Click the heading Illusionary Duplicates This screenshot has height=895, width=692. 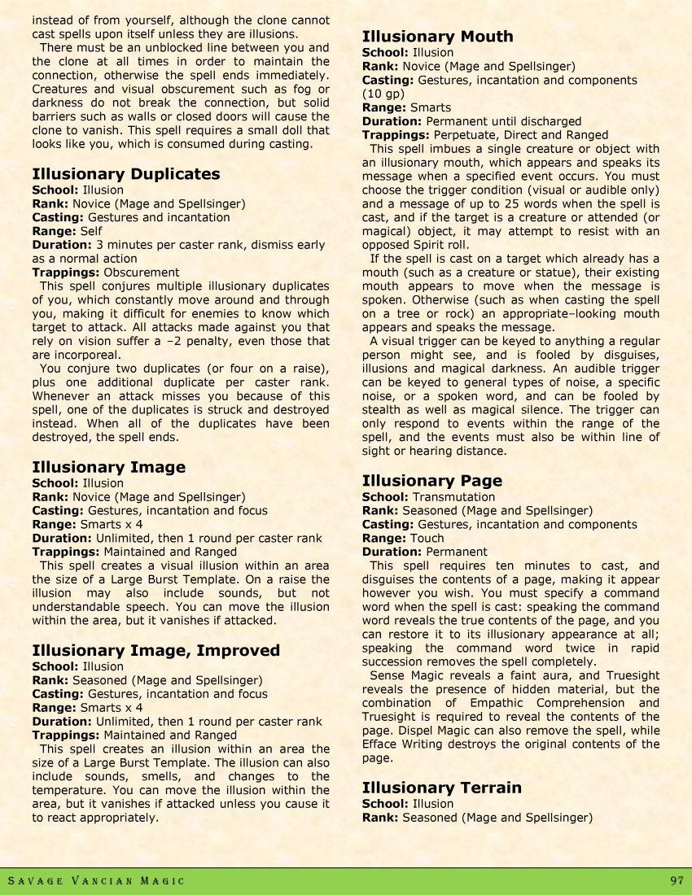coord(125,174)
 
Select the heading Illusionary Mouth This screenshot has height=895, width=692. coord(437,37)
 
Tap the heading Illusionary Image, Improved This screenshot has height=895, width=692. coord(155,650)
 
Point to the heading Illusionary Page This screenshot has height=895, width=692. coord(431,481)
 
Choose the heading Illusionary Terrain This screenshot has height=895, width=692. coord(441,788)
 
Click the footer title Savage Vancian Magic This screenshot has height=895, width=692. coord(96,881)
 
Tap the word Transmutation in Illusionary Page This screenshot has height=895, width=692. coord(453,497)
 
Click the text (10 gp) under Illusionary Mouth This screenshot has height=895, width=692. coord(382,94)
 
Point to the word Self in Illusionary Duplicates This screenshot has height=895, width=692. coord(91,231)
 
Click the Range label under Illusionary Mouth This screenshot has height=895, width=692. coord(383,107)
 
